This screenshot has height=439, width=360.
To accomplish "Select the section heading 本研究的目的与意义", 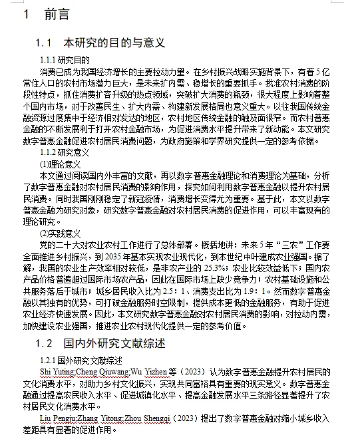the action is click(114, 43).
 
